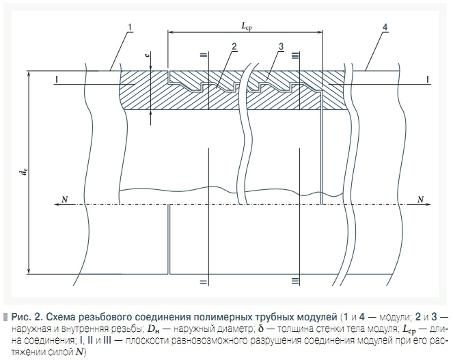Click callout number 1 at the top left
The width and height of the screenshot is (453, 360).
[x=130, y=27]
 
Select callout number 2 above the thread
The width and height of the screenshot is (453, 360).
[x=234, y=46]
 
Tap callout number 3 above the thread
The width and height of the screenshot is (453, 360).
[x=281, y=46]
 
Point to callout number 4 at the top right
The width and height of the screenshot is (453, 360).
[x=385, y=27]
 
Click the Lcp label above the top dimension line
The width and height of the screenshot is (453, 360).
[x=247, y=27]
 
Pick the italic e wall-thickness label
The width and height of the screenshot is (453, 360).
[x=148, y=54]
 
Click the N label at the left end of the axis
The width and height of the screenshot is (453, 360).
[x=65, y=199]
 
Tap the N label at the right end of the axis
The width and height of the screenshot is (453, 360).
[x=421, y=199]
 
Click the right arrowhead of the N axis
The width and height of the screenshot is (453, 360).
[x=428, y=204]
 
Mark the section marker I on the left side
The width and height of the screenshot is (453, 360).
[x=57, y=80]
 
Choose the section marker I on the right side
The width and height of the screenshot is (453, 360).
[x=428, y=80]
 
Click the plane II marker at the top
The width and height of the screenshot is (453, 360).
[x=204, y=55]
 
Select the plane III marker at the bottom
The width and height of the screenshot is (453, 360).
[x=294, y=281]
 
